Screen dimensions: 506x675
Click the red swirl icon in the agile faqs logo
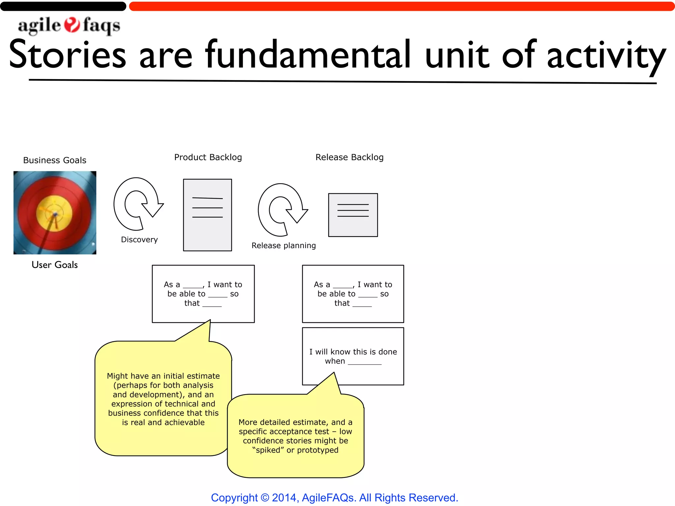tap(72, 25)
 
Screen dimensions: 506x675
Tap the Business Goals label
tap(55, 160)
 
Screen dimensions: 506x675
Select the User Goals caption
tap(55, 265)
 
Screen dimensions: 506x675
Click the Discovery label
tap(139, 239)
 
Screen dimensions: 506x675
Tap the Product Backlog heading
tap(208, 157)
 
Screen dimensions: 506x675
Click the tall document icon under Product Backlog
tap(207, 215)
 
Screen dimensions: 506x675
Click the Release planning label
tap(283, 245)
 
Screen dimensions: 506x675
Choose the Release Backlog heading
tap(349, 157)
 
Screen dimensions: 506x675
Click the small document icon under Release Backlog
tap(353, 215)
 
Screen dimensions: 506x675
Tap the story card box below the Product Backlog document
tap(203, 294)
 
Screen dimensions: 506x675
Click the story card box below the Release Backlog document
tap(353, 294)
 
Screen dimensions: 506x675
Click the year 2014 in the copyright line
tap(284, 497)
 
